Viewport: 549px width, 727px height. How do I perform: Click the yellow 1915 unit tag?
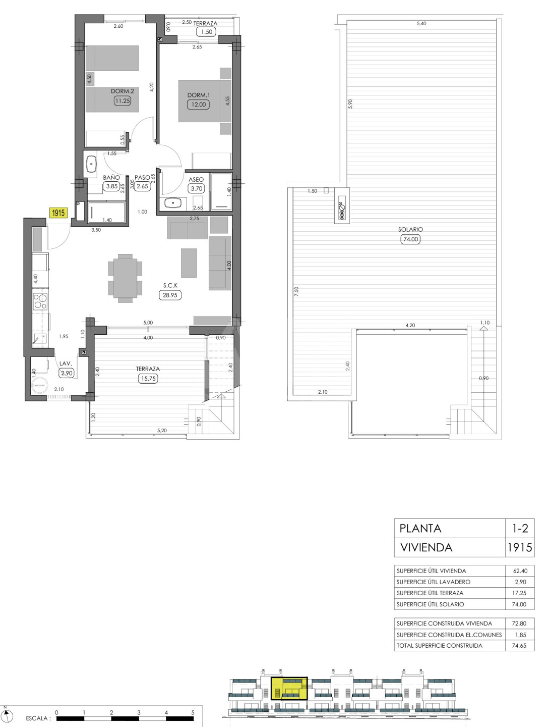tap(58, 213)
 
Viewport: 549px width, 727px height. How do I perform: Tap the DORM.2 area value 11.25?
tap(123, 100)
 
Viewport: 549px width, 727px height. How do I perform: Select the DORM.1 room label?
tap(199, 95)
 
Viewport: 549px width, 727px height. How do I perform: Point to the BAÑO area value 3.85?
tap(112, 186)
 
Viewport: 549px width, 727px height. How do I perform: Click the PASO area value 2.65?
tap(143, 186)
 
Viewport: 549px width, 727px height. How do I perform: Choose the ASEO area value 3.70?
tap(197, 188)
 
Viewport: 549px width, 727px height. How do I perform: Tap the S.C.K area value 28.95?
tap(170, 295)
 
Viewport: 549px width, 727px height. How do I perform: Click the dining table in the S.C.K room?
tap(126, 278)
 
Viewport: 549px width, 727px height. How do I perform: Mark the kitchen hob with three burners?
tap(40, 301)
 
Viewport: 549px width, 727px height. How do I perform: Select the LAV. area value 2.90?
tap(67, 373)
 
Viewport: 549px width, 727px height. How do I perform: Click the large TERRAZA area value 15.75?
tap(148, 378)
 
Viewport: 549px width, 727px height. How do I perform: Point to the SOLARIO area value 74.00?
tap(410, 239)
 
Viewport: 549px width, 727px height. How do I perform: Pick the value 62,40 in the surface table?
tap(519, 570)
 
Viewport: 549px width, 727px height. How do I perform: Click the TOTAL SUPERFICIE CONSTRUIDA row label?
tap(439, 645)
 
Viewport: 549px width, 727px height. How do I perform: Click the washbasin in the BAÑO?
tap(91, 164)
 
